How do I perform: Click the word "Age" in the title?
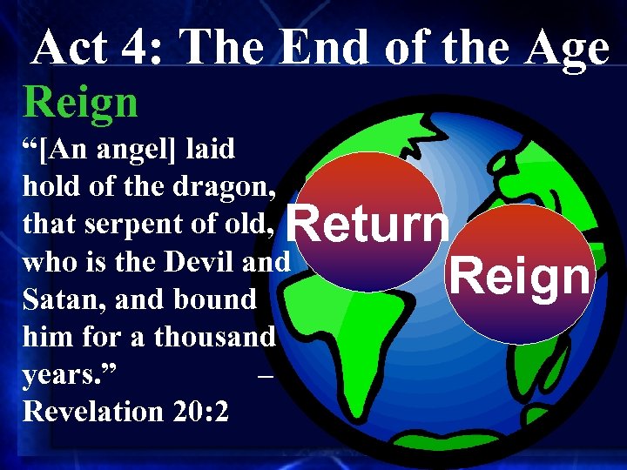(566, 49)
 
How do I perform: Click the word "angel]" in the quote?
(138, 150)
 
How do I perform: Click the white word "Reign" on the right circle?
(520, 277)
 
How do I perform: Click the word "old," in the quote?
(252, 224)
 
